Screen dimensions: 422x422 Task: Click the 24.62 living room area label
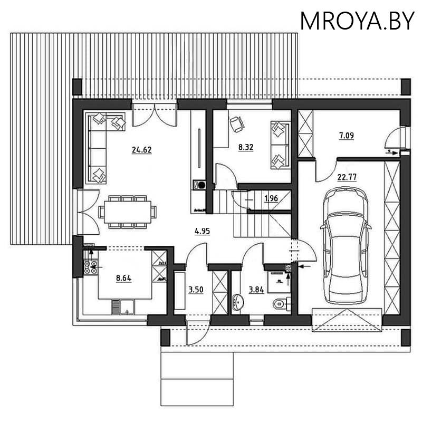(x=142, y=150)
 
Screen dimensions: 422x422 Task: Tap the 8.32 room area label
(x=246, y=148)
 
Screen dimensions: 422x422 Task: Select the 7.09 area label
(x=346, y=136)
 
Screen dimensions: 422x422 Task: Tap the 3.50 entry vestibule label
(x=196, y=290)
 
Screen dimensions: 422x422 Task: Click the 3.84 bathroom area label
(x=256, y=290)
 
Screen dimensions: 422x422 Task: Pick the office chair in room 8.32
(x=236, y=124)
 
